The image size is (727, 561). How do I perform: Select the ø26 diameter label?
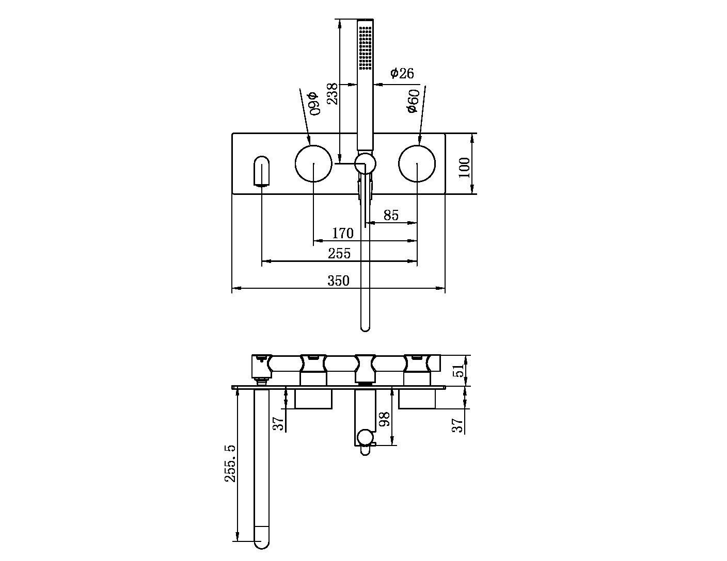[402, 73]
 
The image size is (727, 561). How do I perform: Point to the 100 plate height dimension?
[464, 167]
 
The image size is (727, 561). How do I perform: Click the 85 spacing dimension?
[391, 215]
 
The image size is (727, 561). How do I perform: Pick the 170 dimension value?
[342, 234]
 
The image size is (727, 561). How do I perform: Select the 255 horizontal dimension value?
[339, 254]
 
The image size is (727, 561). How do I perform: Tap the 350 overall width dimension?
[339, 281]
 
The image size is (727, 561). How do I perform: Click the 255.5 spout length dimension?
[230, 464]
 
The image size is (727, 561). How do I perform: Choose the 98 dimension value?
[384, 419]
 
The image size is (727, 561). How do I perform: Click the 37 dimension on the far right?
[457, 425]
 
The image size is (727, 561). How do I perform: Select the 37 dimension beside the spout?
[278, 423]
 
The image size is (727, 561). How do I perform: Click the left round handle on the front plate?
[313, 163]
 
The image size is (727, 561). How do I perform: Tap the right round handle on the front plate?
[417, 163]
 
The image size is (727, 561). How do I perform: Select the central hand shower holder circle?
[365, 164]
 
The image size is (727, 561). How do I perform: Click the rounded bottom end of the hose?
[365, 325]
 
